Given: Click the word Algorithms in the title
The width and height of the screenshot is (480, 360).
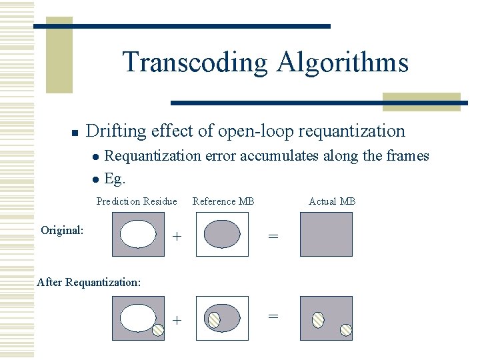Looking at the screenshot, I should (x=341, y=63).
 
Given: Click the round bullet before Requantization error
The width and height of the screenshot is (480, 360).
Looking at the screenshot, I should (x=97, y=157).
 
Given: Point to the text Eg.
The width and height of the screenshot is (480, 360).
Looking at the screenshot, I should (x=115, y=179).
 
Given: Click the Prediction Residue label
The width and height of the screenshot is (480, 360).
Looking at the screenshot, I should (x=137, y=201).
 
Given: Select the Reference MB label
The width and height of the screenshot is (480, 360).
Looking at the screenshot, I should (x=223, y=201).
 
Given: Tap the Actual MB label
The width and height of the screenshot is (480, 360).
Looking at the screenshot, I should (x=332, y=201).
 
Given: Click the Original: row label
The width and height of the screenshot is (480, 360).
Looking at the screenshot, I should (x=62, y=230).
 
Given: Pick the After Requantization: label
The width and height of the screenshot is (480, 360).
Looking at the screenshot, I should (x=89, y=282).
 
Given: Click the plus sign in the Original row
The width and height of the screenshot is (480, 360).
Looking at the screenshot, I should (x=177, y=236).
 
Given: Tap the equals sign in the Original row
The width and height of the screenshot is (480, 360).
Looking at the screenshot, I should (x=273, y=236).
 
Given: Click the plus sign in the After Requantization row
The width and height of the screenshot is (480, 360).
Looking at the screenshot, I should (x=177, y=320).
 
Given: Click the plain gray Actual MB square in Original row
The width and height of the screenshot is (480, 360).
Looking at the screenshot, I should (x=326, y=234).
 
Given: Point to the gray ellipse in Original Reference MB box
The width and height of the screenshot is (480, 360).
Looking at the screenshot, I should (x=222, y=234).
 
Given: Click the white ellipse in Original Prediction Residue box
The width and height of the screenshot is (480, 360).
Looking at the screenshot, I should (x=138, y=234).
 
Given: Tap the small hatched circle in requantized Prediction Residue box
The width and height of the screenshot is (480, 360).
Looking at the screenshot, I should (x=158, y=329).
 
